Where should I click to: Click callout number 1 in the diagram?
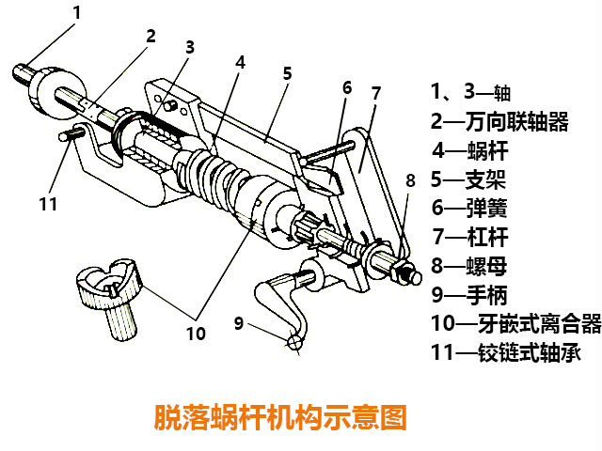pyautogui.click(x=77, y=12)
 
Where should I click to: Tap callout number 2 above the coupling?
pyautogui.click(x=150, y=37)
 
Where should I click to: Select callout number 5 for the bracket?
pyautogui.click(x=287, y=72)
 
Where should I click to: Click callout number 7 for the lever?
pyautogui.click(x=375, y=93)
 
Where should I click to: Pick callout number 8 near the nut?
pyautogui.click(x=409, y=180)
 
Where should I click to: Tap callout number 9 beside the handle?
pyautogui.click(x=239, y=323)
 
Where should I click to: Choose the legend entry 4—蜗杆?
pyautogui.click(x=471, y=149)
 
